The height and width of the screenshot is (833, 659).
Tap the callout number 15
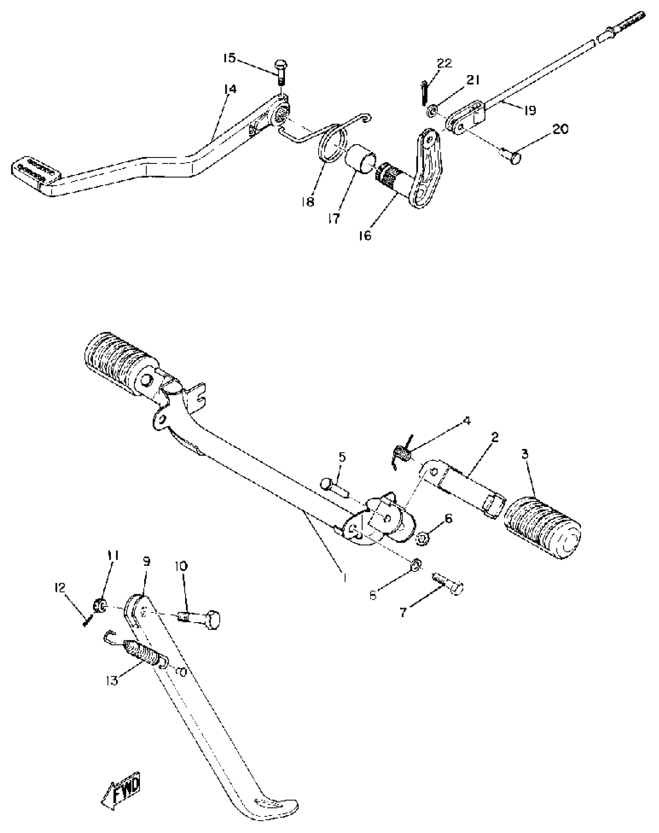(x=229, y=58)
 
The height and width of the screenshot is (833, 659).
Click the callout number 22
(x=444, y=63)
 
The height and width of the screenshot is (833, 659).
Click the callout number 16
(x=364, y=235)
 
